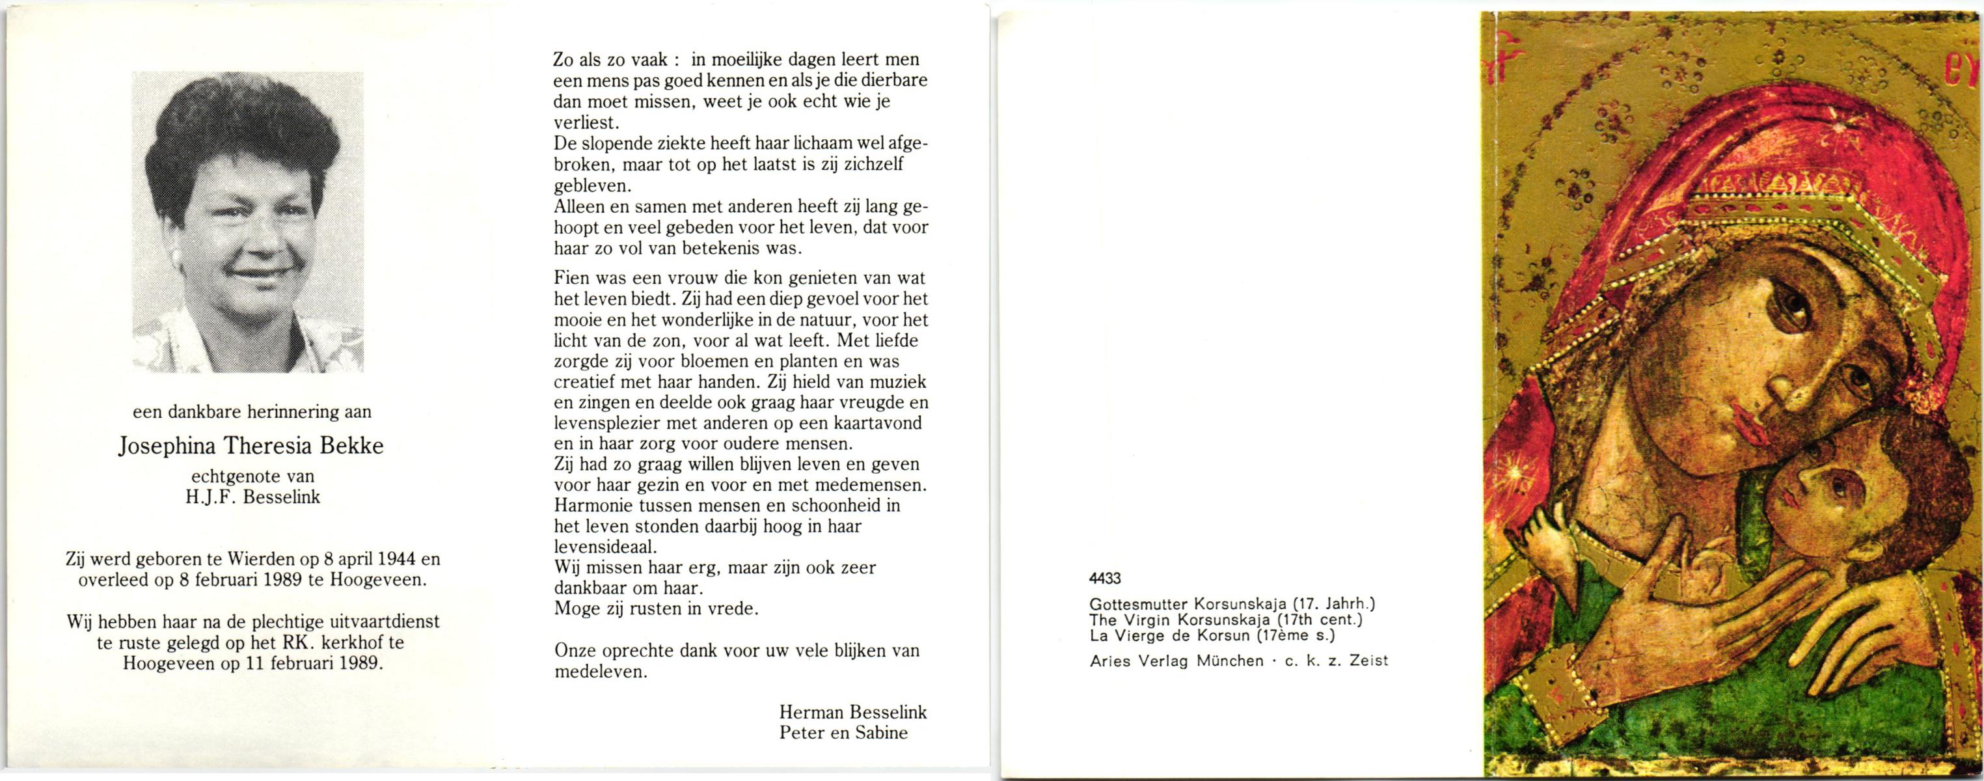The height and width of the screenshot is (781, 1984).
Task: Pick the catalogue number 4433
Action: (x=1105, y=579)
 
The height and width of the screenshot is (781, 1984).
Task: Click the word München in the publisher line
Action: (x=1230, y=661)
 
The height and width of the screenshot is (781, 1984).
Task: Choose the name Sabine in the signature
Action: (x=879, y=732)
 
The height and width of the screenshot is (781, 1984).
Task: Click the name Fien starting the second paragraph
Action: (x=571, y=278)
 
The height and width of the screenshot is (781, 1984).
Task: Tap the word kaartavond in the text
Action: (x=879, y=424)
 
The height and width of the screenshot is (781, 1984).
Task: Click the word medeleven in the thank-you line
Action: (x=600, y=672)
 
